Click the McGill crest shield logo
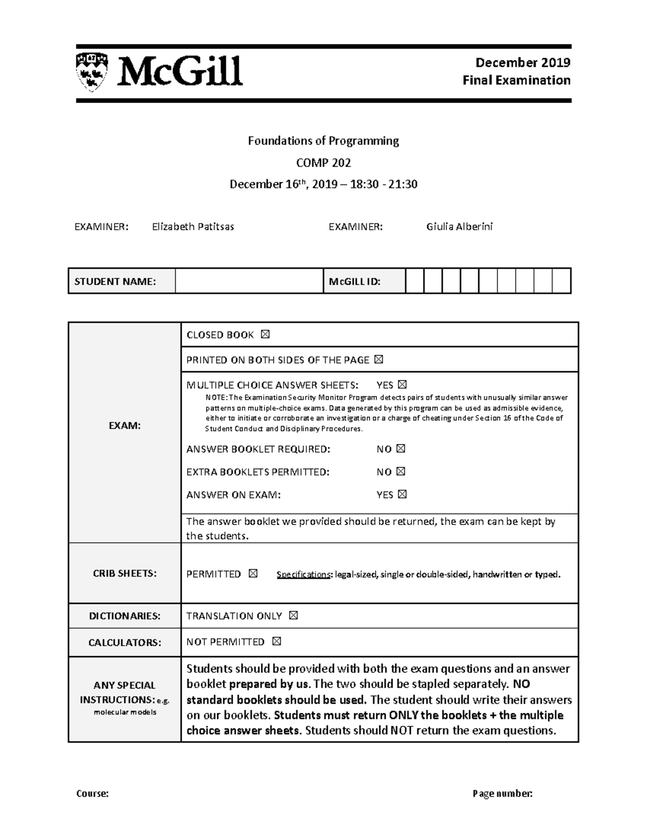click(91, 71)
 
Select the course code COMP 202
click(323, 162)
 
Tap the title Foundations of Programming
click(323, 141)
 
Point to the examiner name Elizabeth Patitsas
click(192, 227)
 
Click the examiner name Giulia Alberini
click(459, 227)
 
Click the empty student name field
click(249, 281)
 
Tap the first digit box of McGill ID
click(415, 281)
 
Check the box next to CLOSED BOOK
click(265, 335)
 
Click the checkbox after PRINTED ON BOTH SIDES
click(378, 359)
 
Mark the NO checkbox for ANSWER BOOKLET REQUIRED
click(401, 449)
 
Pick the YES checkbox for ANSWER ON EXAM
click(402, 494)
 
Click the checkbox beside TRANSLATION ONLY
click(293, 616)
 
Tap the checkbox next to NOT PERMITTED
click(277, 642)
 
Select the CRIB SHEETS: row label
click(125, 574)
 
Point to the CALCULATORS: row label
click(125, 642)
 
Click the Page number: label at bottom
click(503, 793)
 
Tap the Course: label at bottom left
click(92, 793)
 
